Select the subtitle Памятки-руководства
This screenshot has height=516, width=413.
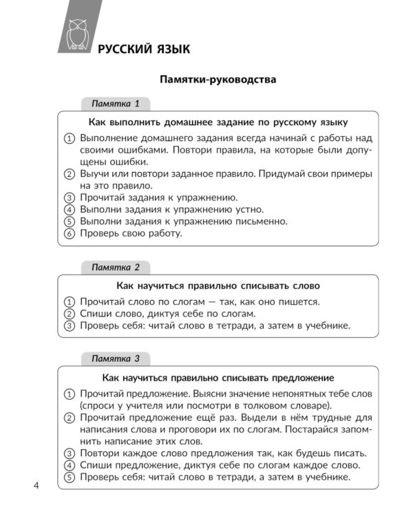pyautogui.click(x=218, y=80)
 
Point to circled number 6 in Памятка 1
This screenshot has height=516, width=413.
pyautogui.click(x=69, y=234)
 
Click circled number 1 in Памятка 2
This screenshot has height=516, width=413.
pyautogui.click(x=69, y=301)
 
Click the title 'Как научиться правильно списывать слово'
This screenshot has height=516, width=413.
pyautogui.click(x=218, y=285)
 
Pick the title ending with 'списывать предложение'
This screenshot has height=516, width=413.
pyautogui.click(x=218, y=377)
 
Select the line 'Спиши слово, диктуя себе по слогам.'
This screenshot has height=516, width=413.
pyautogui.click(x=168, y=314)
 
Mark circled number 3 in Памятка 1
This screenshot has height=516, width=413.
pyautogui.click(x=69, y=197)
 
